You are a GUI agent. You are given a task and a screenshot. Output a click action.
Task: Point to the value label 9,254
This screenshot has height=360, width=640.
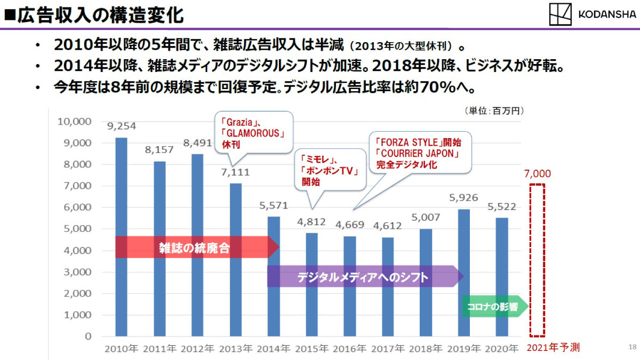point(122,126)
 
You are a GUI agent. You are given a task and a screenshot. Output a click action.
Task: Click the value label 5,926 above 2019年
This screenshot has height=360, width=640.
point(463,198)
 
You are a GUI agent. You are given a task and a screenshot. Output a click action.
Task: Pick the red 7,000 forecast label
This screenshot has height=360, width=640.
point(537,174)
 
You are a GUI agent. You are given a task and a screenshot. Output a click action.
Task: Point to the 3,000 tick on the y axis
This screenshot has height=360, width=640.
point(76,272)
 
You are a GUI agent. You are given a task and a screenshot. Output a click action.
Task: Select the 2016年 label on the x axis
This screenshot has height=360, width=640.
point(350,349)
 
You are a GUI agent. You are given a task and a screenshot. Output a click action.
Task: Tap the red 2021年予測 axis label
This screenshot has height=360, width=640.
point(553,348)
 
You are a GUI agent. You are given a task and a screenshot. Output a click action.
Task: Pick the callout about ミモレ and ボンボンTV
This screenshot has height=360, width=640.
point(330,170)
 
